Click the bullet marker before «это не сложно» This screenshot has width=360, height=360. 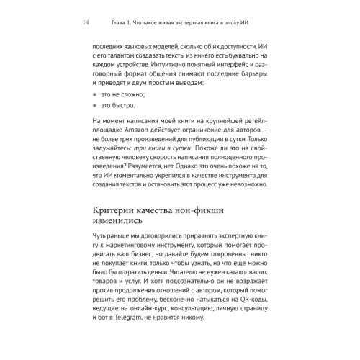point(96,94)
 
